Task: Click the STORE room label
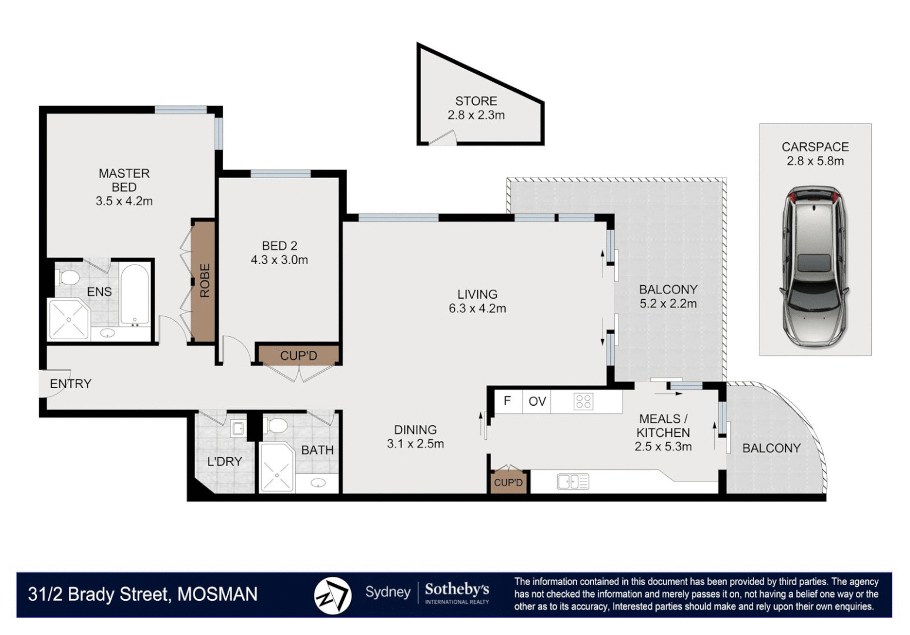click(476, 101)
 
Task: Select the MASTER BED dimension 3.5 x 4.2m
click(124, 201)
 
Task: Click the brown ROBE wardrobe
click(203, 281)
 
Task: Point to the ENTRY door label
click(71, 384)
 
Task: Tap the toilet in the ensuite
click(68, 276)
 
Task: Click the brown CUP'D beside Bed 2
click(299, 356)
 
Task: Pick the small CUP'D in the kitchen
click(508, 482)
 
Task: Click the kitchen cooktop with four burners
click(583, 402)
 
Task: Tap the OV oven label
click(537, 402)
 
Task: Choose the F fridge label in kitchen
click(507, 401)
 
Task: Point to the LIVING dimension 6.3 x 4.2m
click(477, 309)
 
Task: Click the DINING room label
click(415, 430)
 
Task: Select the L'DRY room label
click(225, 462)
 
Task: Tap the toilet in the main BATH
click(275, 425)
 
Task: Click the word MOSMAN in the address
click(218, 594)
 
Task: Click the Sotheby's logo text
click(457, 589)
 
